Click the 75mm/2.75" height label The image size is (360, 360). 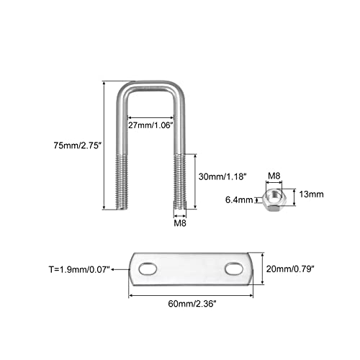(x=76, y=145)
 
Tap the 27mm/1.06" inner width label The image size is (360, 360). (x=150, y=125)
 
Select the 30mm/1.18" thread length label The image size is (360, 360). (x=222, y=176)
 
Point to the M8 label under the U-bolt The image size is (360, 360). (x=180, y=223)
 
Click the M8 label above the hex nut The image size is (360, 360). (x=274, y=176)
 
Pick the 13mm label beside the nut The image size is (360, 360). (x=311, y=194)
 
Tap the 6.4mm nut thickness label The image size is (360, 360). (x=239, y=199)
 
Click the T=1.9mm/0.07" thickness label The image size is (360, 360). (x=79, y=269)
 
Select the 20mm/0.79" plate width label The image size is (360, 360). (x=290, y=269)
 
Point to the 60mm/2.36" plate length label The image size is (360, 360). (x=192, y=304)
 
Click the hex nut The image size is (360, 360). (x=272, y=200)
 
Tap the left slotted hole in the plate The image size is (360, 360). (x=148, y=269)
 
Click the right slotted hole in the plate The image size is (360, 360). (x=234, y=269)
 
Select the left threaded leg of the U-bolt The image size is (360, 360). (x=122, y=182)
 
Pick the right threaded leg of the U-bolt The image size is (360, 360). (x=179, y=182)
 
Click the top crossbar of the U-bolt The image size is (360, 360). (x=150, y=86)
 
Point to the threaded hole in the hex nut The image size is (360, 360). (x=274, y=196)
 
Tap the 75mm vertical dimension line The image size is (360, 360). (x=104, y=145)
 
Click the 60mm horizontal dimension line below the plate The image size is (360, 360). (x=191, y=295)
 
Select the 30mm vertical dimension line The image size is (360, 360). (x=195, y=181)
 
